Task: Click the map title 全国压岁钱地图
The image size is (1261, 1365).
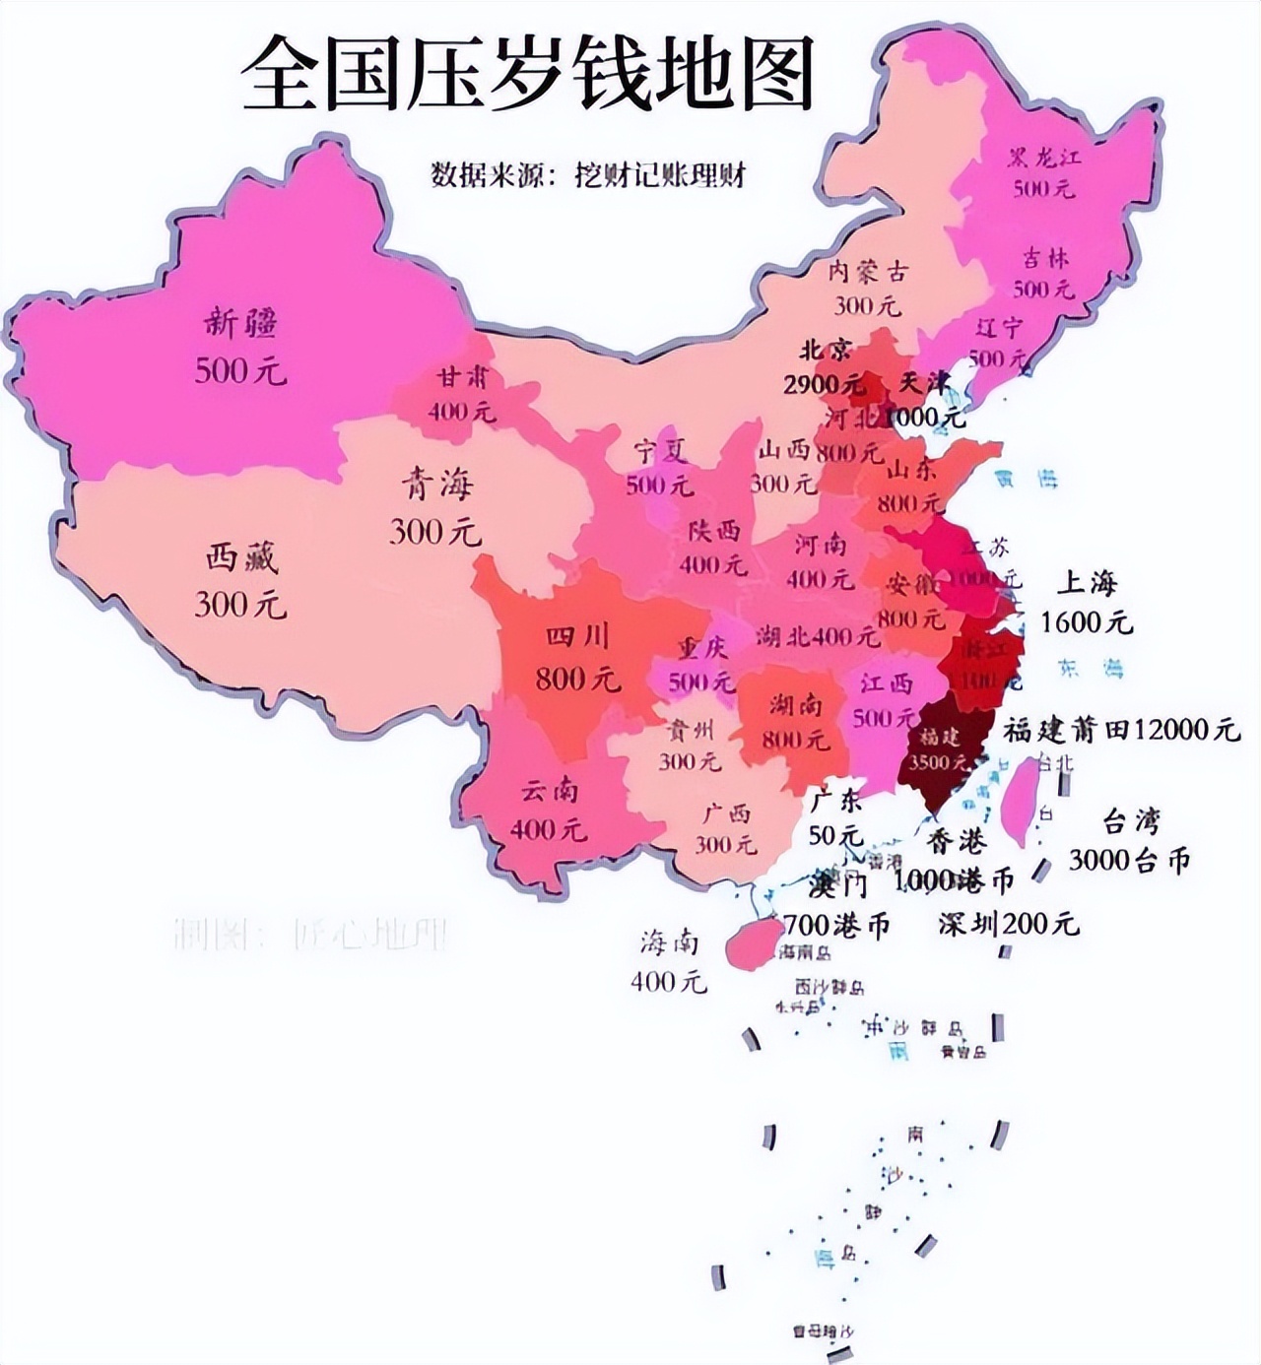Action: pos(528,75)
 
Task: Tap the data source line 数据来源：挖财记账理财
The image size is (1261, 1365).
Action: pos(588,174)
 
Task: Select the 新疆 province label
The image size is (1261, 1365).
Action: pos(241,323)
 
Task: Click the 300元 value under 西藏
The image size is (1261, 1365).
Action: pos(240,603)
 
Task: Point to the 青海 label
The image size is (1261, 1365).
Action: pos(435,485)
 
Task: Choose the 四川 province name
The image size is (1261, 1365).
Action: pos(577,637)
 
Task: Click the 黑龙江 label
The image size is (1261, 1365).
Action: pos(1044,158)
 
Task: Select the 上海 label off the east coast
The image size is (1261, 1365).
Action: pos(1087,582)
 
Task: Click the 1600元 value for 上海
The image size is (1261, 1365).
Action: pos(1087,622)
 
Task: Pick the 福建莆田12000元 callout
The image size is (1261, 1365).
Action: pos(1121,730)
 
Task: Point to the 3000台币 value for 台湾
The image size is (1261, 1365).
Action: pos(1129,860)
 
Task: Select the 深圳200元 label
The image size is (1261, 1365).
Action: pos(1008,924)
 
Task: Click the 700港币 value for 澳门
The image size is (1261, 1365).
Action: pos(836,925)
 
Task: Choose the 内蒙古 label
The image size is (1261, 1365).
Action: pos(867,272)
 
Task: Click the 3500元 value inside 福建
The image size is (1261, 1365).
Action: pos(938,762)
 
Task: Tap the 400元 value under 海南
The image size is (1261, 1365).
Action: pos(669,981)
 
